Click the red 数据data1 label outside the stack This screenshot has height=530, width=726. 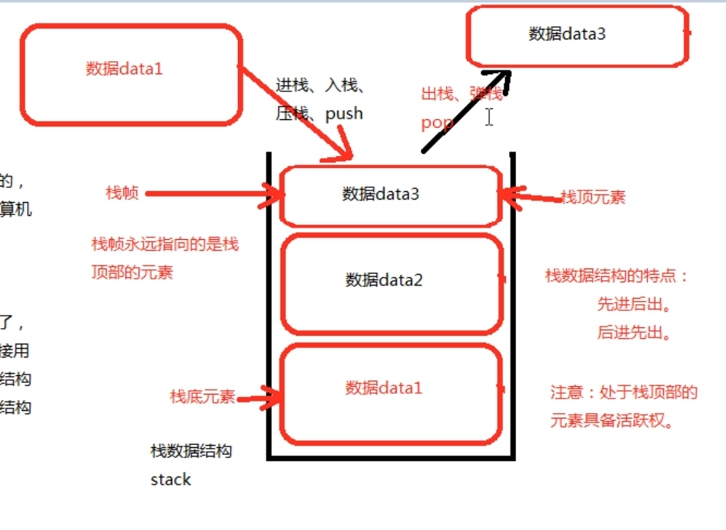coord(124,69)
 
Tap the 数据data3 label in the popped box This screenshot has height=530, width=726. coord(566,33)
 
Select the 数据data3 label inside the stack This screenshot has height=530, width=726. coord(380,194)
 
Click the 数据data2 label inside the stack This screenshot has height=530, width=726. coord(384,279)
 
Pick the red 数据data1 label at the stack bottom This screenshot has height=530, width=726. coord(384,388)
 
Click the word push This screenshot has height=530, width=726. coord(344,114)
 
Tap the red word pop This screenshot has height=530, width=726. coord(437,122)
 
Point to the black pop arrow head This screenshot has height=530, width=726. coord(504,77)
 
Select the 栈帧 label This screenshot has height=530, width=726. coord(122,193)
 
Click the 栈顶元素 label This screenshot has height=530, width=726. coord(593,197)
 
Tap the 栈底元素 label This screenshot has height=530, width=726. coord(202,397)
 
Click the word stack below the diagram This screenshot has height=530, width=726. coord(170,480)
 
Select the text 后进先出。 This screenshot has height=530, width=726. coord(634,333)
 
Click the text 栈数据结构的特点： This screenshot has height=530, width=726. coord(617,276)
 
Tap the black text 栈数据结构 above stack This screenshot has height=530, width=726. coord(191,451)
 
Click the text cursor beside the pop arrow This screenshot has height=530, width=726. coord(489,118)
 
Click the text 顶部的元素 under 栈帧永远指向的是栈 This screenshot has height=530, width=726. coord(132,272)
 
